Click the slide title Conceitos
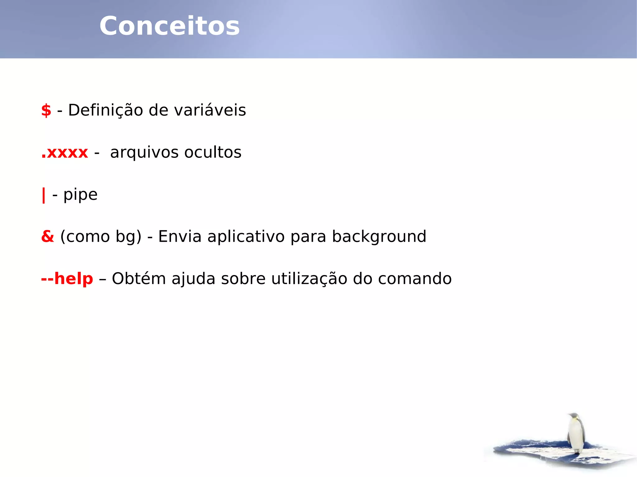(170, 26)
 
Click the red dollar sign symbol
(46, 110)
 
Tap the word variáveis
(210, 110)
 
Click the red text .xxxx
(65, 153)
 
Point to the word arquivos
(144, 153)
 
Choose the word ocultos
(213, 153)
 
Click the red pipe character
(44, 195)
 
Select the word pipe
(81, 195)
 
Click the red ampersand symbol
(48, 236)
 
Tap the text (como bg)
(101, 237)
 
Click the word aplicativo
(246, 237)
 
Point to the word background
(379, 237)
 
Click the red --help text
(67, 279)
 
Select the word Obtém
(139, 279)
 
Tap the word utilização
(309, 279)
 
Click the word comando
(415, 279)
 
